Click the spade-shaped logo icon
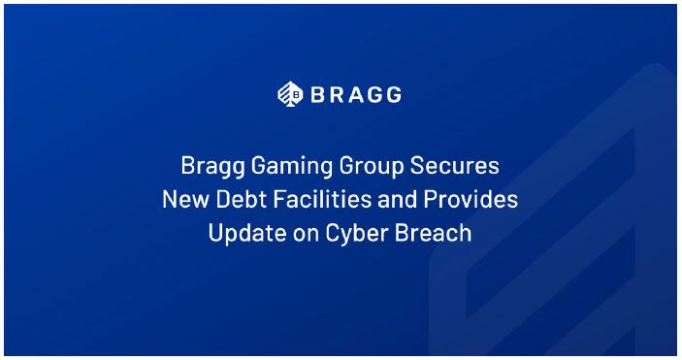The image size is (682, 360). [290, 94]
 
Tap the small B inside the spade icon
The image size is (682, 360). [296, 95]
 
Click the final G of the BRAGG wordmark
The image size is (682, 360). [393, 94]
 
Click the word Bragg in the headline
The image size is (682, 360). [213, 167]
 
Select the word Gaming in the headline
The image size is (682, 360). [292, 167]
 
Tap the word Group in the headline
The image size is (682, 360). [372, 167]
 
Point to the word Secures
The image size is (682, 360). [455, 166]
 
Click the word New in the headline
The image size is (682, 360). [186, 199]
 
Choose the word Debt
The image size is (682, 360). [242, 199]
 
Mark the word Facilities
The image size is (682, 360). [322, 199]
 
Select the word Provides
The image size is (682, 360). [471, 199]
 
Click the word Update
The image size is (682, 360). [247, 234]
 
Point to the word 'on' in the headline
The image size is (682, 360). [306, 236]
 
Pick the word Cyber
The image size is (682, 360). [357, 234]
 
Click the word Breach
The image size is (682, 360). [434, 233]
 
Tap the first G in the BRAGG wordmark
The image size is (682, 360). [374, 94]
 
